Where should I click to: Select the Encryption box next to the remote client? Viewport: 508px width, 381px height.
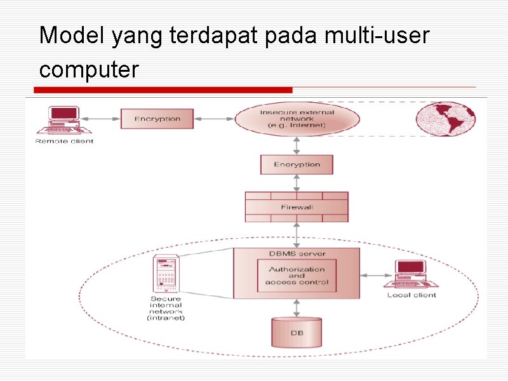[x=157, y=119]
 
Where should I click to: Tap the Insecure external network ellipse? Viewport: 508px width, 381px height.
[x=297, y=119]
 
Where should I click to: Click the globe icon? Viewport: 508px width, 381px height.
[x=446, y=119]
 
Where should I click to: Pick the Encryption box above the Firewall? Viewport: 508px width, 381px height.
[x=297, y=164]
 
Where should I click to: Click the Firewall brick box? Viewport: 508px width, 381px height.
[x=297, y=207]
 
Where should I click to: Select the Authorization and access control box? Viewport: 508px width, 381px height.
[x=297, y=276]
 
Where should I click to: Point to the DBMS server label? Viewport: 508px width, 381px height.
[x=297, y=254]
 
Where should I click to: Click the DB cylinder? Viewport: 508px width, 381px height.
[x=297, y=331]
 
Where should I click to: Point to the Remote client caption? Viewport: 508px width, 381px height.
[x=64, y=141]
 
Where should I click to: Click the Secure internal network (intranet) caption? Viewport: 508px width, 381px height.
[x=166, y=308]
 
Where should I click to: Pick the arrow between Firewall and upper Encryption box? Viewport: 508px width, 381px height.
[x=297, y=183]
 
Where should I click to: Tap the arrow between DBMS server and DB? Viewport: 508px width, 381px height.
[x=297, y=308]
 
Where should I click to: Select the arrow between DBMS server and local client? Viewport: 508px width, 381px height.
[x=375, y=276]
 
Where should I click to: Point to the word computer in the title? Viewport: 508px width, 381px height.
[x=88, y=69]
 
